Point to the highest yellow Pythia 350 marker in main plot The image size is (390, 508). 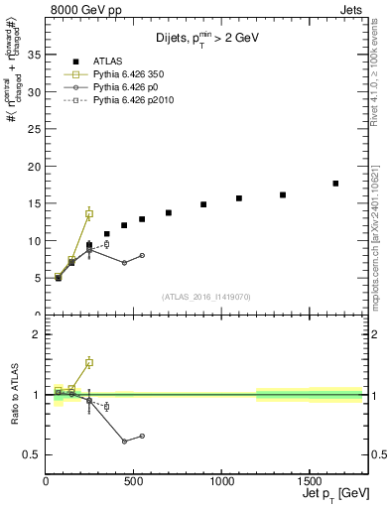[x=89, y=213]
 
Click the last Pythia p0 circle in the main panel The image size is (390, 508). [x=142, y=255]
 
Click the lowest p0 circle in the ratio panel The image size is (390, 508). [x=124, y=442]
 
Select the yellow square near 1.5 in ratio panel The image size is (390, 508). [x=89, y=363]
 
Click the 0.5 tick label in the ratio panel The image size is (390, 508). [x=32, y=455]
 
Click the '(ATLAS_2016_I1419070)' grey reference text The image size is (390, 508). [x=206, y=296]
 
